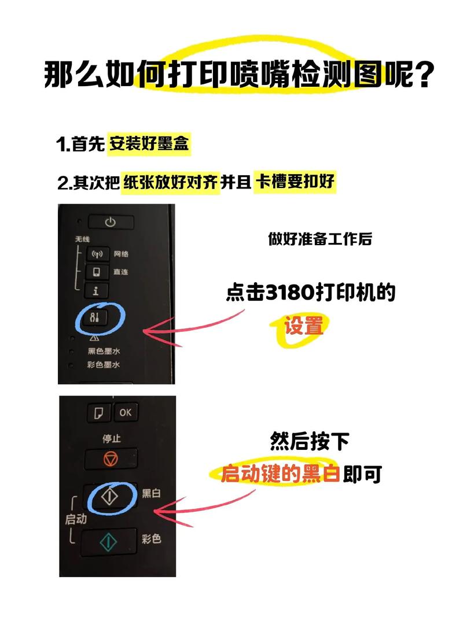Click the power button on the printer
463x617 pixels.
point(111,222)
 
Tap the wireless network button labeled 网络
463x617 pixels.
point(97,254)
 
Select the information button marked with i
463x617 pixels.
point(96,290)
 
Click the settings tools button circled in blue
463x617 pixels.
point(96,317)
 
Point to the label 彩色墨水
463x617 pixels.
point(104,365)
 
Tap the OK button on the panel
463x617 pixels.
point(125,413)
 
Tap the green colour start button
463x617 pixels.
point(109,541)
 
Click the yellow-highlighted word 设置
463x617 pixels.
point(303,327)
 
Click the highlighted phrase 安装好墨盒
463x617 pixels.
point(149,145)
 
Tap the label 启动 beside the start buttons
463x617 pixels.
point(76,519)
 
